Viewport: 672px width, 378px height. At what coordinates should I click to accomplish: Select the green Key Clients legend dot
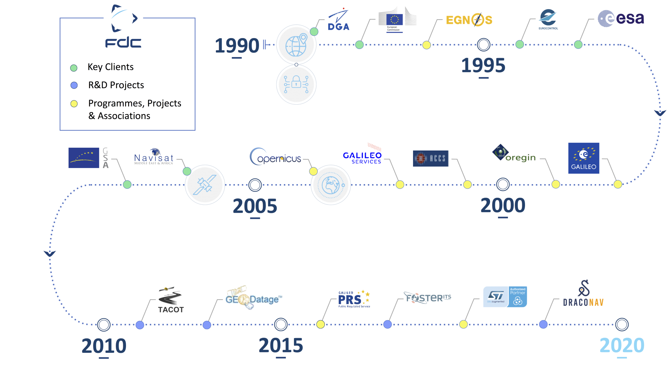(x=74, y=68)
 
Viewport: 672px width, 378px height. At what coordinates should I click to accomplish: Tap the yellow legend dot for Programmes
(x=74, y=104)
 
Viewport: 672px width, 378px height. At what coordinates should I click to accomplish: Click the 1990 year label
(x=237, y=45)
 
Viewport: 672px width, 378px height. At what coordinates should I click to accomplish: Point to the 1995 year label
(x=483, y=65)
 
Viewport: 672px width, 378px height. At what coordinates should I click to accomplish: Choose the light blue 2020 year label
(x=622, y=345)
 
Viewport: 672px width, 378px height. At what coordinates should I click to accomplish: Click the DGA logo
(x=338, y=21)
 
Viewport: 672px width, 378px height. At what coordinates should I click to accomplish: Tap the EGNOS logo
(x=469, y=20)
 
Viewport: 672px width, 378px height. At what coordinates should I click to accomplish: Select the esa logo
(x=621, y=18)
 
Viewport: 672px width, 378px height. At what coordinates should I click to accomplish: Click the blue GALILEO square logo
(x=583, y=158)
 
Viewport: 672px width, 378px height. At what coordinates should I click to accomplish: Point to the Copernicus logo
(x=275, y=157)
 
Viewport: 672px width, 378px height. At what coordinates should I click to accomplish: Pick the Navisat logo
(x=154, y=157)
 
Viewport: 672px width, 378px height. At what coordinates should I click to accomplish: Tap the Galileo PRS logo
(x=354, y=299)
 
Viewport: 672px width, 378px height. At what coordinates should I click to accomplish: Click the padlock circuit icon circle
(x=296, y=85)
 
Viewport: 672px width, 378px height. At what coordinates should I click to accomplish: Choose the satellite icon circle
(x=205, y=185)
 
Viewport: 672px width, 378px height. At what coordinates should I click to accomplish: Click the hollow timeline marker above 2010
(x=104, y=325)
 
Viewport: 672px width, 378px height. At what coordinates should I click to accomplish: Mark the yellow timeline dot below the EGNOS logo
(x=426, y=45)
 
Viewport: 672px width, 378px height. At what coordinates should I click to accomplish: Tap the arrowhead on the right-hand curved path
(x=660, y=113)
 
